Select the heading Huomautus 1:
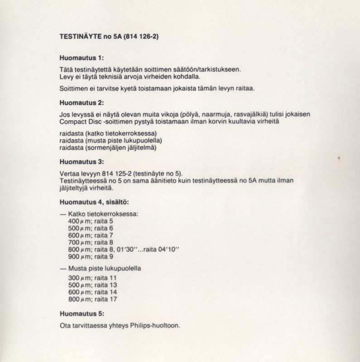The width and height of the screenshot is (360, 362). point(82,58)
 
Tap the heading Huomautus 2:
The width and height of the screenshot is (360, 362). point(82,103)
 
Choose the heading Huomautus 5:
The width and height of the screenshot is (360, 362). point(82,313)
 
